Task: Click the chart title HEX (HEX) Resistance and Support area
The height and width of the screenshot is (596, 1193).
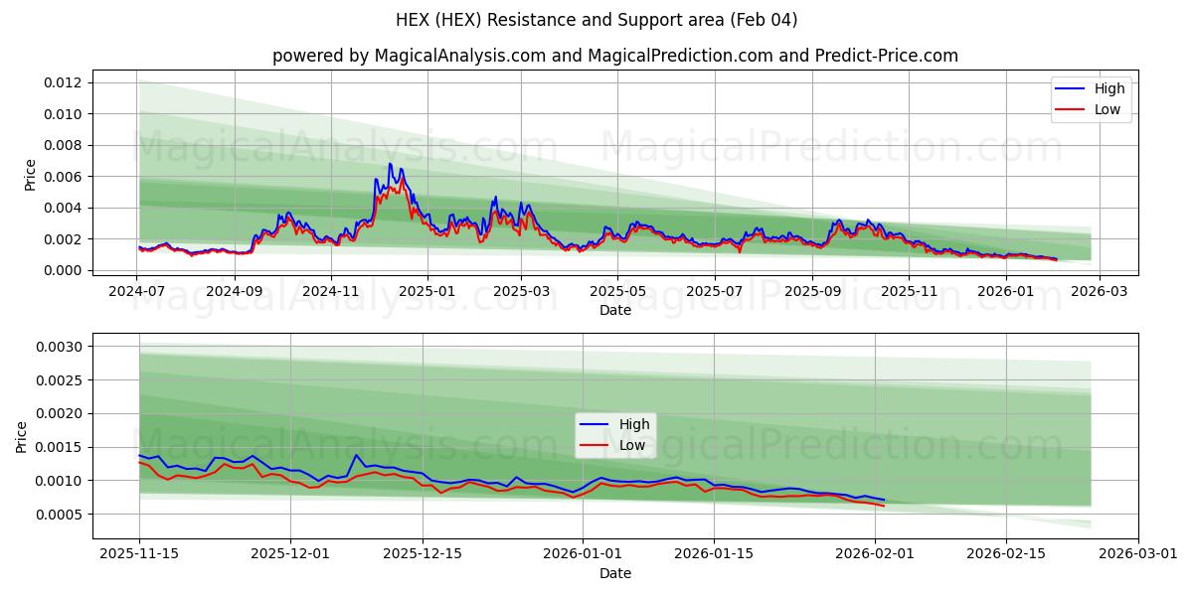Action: tap(596, 20)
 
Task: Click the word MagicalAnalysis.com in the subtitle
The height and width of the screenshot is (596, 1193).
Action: tap(459, 56)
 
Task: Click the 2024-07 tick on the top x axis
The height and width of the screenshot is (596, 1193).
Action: tap(137, 292)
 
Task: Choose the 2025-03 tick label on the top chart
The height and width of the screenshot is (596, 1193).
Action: tap(522, 292)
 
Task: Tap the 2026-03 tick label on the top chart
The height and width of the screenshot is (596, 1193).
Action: tap(1100, 292)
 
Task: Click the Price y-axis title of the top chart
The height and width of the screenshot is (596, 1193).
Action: tap(30, 175)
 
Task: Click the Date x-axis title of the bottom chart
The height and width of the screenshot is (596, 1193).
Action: tap(615, 573)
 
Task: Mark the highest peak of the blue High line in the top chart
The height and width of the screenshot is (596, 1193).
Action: tap(390, 163)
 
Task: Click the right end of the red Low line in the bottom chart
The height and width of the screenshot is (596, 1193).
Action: tap(884, 506)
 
